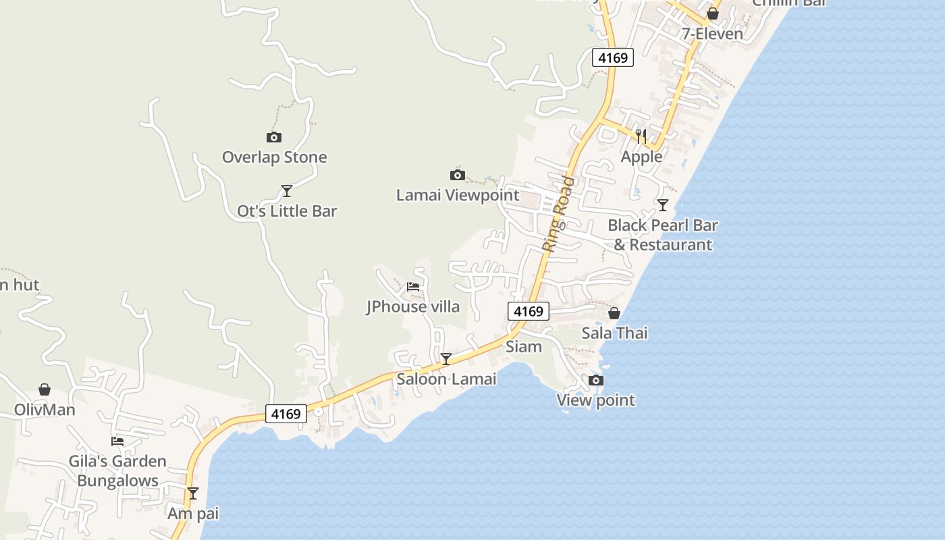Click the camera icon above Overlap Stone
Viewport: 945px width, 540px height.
274,138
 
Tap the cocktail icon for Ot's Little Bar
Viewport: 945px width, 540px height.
287,190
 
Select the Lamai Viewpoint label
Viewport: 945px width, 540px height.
458,195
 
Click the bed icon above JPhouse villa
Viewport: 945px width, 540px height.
413,287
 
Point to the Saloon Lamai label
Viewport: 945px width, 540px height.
446,379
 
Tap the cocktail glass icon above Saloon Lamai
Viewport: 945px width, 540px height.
446,358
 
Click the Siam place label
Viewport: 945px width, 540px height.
524,347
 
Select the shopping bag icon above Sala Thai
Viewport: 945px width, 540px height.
614,313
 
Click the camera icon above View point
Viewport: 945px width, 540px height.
596,381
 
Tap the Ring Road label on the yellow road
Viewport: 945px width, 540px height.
560,214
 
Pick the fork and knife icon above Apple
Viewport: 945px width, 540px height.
641,136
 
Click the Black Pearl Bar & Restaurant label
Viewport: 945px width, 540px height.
663,235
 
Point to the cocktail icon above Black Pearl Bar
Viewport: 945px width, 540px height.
663,205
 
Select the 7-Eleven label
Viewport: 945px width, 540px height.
712,34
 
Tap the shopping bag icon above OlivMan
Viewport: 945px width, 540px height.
45,389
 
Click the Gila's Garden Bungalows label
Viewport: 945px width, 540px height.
117,471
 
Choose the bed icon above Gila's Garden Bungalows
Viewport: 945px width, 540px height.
117,441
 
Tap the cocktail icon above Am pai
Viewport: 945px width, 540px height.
193,493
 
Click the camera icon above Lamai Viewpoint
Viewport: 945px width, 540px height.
458,175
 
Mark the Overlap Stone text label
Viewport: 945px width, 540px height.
275,157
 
